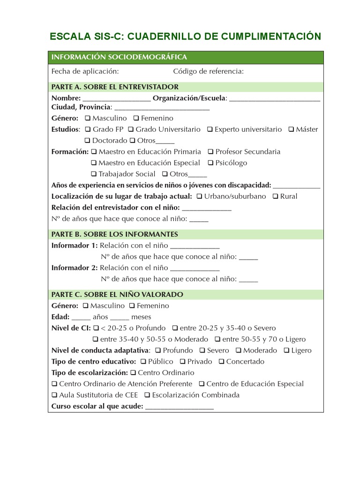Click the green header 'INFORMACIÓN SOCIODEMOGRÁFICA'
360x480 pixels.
pyautogui.click(x=119, y=57)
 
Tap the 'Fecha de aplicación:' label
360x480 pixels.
pyautogui.click(x=85, y=71)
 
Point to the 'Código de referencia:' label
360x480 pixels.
pyautogui.click(x=208, y=71)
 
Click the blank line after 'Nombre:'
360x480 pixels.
pyautogui.click(x=116, y=99)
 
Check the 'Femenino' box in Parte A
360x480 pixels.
pyautogui.click(x=136, y=118)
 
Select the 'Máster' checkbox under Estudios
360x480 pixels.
pyautogui.click(x=291, y=129)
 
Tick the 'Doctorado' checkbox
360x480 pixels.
pyautogui.click(x=87, y=141)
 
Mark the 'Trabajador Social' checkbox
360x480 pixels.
pyautogui.click(x=94, y=174)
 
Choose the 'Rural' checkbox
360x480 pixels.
pyautogui.click(x=275, y=196)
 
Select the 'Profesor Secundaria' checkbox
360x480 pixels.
pyautogui.click(x=210, y=152)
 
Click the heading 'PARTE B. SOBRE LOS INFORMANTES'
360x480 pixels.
pyautogui.click(x=114, y=234)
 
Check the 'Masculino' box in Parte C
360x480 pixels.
pyautogui.click(x=85, y=306)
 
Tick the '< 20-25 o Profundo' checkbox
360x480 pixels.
pyautogui.click(x=96, y=328)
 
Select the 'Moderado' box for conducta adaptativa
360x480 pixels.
pyautogui.click(x=239, y=351)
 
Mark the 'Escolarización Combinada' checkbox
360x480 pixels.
pyautogui.click(x=147, y=395)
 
